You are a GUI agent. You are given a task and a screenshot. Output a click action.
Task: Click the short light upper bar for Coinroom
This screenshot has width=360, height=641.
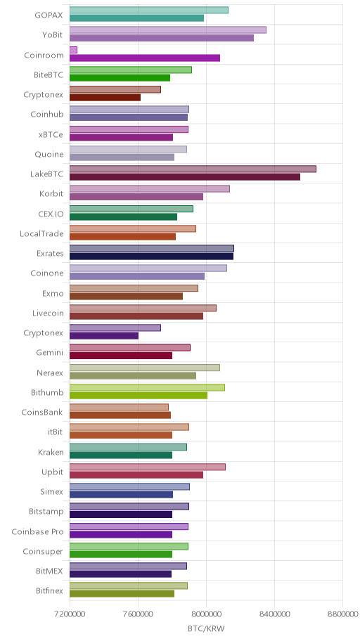73,50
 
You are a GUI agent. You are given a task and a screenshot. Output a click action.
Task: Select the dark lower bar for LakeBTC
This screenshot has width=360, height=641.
185,177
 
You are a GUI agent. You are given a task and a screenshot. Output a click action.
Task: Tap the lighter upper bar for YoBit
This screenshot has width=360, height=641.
168,30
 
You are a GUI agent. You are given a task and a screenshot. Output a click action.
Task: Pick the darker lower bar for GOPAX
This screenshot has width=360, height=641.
136,18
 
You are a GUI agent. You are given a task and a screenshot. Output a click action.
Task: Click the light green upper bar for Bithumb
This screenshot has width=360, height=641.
147,387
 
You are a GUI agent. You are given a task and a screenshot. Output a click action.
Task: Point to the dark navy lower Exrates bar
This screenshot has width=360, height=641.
151,257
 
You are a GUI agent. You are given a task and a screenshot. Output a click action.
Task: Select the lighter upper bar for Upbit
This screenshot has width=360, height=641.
148,467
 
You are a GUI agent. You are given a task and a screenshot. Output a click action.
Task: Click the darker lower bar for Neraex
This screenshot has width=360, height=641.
133,376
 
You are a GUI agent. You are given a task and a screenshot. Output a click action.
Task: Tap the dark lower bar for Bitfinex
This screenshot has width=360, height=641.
122,594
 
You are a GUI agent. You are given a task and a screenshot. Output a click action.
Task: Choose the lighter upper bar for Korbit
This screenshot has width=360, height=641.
150,188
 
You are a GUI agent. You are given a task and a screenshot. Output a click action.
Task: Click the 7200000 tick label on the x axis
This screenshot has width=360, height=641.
70,614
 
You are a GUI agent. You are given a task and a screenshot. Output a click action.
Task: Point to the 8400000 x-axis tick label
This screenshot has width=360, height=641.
274,614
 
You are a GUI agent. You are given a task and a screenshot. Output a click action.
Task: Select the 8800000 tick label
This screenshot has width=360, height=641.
342,614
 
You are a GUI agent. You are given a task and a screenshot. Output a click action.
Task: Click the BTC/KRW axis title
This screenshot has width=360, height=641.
206,629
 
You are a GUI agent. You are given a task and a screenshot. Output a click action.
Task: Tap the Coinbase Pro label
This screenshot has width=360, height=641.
38,532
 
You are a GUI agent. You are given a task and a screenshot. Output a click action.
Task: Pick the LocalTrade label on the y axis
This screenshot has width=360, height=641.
41,234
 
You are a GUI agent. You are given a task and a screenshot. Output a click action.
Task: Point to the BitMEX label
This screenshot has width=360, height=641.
49,571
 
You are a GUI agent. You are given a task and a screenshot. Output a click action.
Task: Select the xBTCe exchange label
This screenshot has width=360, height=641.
51,134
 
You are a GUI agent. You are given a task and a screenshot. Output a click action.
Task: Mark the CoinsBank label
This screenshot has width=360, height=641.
43,412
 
